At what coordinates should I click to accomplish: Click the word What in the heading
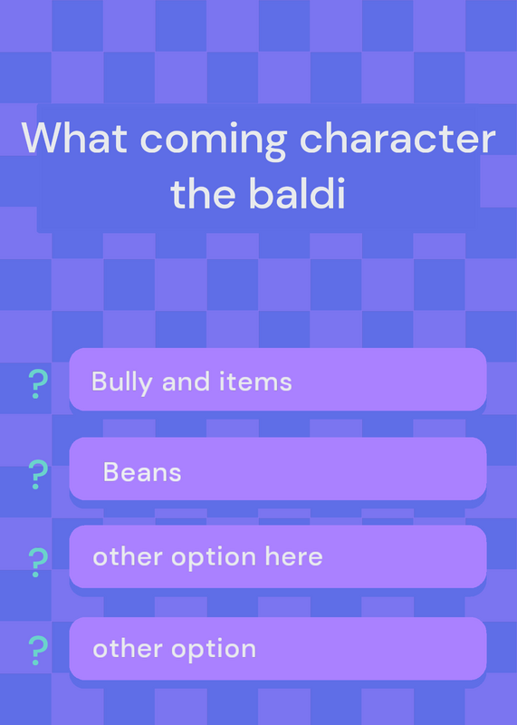click(x=74, y=138)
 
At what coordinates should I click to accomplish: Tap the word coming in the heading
click(x=214, y=141)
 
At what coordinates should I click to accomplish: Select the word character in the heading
click(x=397, y=138)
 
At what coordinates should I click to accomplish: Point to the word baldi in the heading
click(x=297, y=193)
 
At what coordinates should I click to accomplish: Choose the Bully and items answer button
click(x=278, y=379)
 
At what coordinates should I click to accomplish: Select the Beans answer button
click(x=278, y=469)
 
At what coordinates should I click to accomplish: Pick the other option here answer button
click(x=278, y=556)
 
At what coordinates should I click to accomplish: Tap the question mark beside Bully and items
click(x=38, y=384)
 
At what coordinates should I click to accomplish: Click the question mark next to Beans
click(x=38, y=474)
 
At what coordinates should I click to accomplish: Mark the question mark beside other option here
click(x=38, y=562)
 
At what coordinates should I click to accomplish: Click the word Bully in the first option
click(x=122, y=382)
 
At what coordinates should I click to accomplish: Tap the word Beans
click(x=142, y=472)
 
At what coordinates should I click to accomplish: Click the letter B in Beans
click(x=110, y=472)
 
